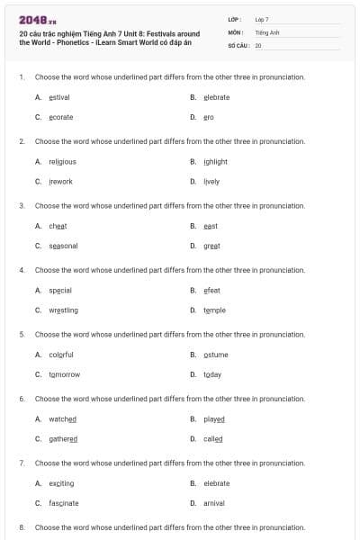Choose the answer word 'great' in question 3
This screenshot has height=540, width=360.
[x=211, y=246]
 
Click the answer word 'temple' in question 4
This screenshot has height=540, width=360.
[x=214, y=310]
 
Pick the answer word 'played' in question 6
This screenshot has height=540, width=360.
[x=213, y=419]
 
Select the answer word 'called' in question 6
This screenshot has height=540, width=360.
[x=212, y=439]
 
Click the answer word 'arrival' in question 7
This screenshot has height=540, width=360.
[x=214, y=503]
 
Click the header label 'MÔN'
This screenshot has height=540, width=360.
[x=237, y=31]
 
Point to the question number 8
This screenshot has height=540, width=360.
[x=22, y=526]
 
